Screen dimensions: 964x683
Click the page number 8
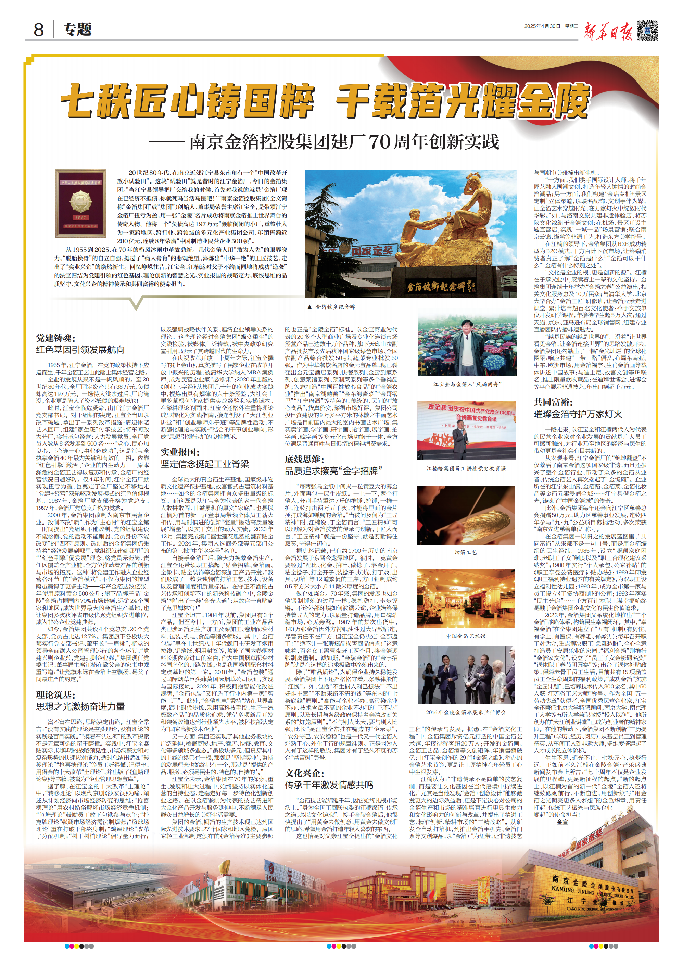(38, 30)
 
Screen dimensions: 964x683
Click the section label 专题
(77, 30)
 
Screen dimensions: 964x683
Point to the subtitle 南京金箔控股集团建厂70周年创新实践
(344, 142)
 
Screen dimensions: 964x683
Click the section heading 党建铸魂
(55, 338)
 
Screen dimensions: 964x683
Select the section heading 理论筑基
(55, 694)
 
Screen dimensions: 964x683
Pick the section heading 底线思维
(304, 459)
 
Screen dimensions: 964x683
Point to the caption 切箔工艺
(466, 552)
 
